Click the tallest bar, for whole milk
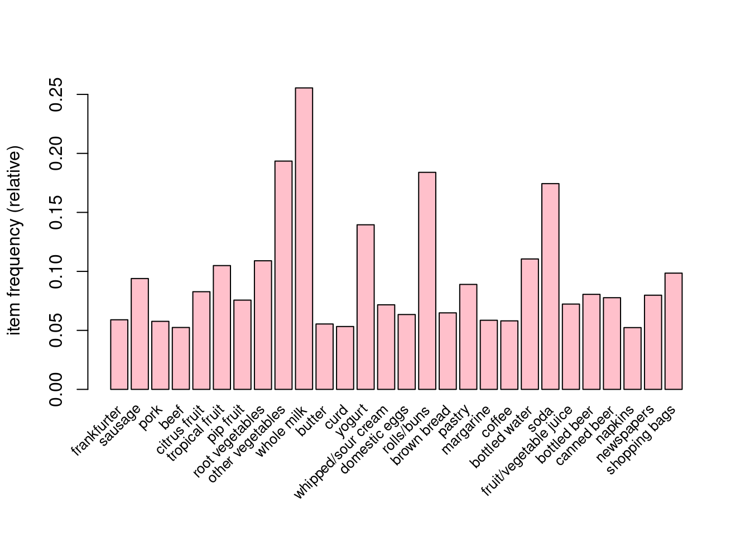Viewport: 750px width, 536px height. click(304, 238)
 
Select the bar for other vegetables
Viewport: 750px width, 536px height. click(283, 275)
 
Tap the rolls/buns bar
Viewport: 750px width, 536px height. click(427, 281)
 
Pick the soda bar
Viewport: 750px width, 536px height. click(550, 286)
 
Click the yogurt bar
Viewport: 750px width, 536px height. click(366, 307)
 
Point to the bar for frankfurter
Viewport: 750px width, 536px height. click(119, 355)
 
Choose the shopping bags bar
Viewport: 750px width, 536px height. click(674, 331)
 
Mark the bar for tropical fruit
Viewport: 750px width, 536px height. click(222, 327)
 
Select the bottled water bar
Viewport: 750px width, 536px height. click(530, 324)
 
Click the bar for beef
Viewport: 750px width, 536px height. click(181, 358)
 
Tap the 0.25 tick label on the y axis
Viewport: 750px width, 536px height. click(56, 94)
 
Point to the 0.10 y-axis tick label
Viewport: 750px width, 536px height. click(56, 271)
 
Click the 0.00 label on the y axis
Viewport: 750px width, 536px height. click(56, 389)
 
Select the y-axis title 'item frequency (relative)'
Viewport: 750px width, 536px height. click(15, 240)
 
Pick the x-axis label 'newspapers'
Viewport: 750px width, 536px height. click(625, 434)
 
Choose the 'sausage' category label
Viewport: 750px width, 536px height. click(120, 425)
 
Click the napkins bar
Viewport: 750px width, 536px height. click(632, 358)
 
